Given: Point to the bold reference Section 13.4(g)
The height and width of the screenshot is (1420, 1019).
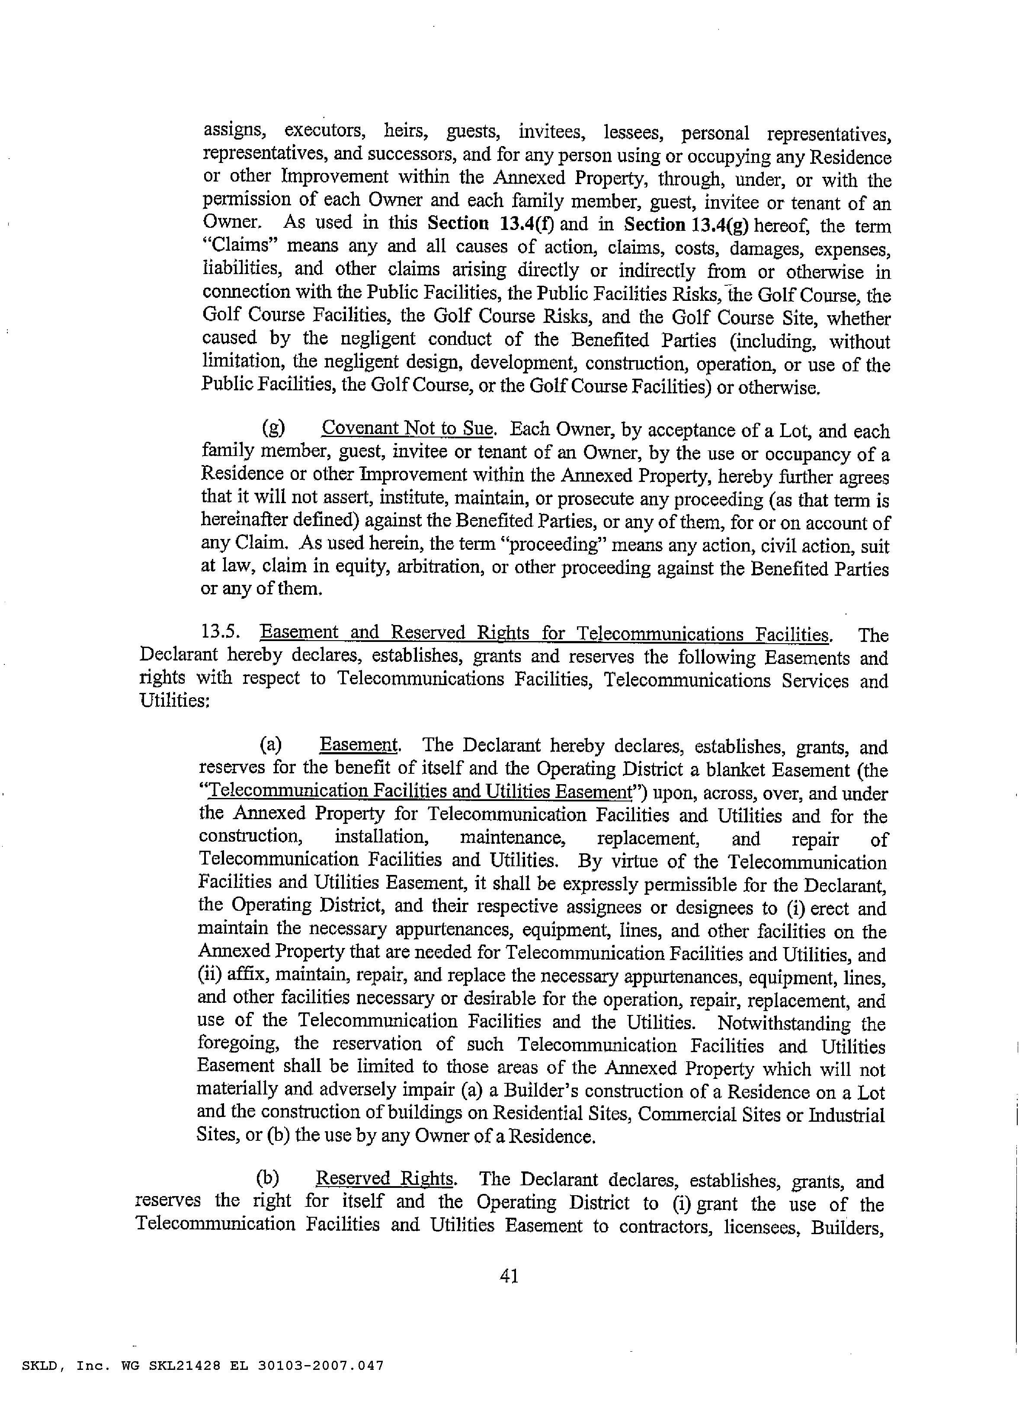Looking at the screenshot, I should click(x=686, y=224).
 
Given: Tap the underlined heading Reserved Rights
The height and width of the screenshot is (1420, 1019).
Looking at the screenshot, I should click(x=385, y=1179).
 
